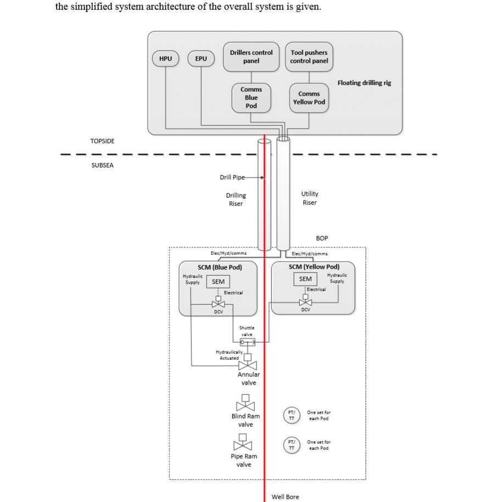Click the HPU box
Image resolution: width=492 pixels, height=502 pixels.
165,59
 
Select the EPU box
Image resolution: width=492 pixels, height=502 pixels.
201,59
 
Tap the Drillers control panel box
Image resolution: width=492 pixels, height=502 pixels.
251,57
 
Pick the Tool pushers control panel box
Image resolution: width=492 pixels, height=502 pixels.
309,57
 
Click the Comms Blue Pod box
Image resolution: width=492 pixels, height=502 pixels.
251,97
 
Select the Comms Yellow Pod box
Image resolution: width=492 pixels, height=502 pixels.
309,98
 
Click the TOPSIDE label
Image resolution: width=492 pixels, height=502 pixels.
103,141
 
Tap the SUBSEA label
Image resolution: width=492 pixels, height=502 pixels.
103,165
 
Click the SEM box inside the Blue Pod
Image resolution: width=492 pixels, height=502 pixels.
218,282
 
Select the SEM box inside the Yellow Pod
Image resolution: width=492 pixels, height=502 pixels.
305,279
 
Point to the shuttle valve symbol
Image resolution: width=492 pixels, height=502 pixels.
248,342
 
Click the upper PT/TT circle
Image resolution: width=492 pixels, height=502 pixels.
292,415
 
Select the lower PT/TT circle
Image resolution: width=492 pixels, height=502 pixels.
292,444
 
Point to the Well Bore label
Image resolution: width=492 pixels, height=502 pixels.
286,497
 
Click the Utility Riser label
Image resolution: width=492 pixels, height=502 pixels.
310,198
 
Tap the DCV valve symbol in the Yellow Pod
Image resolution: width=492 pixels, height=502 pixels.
305,301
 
